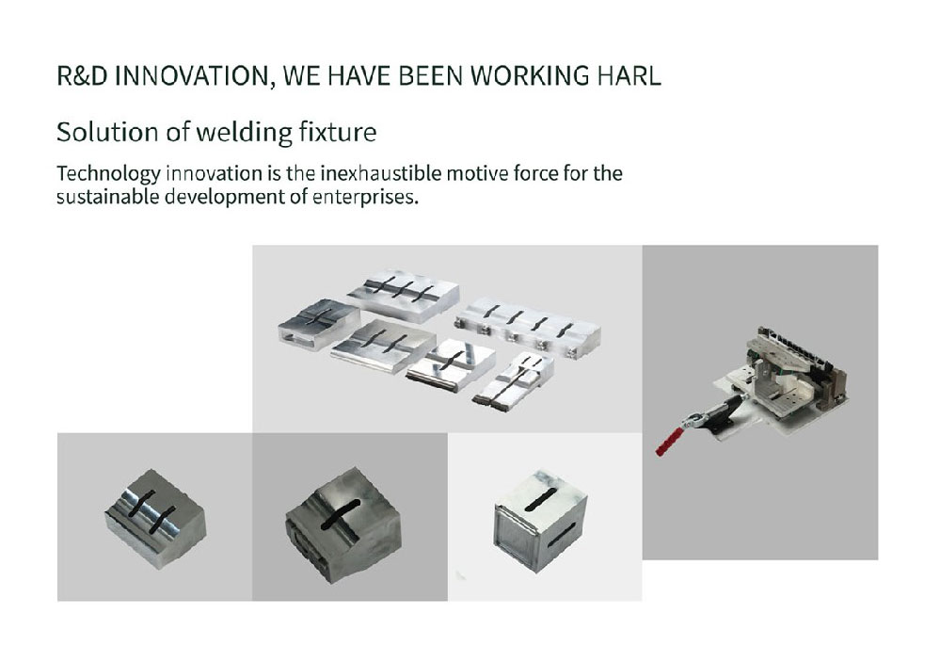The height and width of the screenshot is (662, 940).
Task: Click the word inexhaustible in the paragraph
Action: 381,173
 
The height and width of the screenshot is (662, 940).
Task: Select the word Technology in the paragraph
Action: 108,174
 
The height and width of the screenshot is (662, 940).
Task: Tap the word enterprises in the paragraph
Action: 364,198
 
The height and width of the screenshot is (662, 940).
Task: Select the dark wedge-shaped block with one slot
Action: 343,524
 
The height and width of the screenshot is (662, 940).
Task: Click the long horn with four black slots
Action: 528,327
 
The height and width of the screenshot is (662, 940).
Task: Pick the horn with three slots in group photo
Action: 403,295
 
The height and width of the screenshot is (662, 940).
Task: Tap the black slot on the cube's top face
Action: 541,499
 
